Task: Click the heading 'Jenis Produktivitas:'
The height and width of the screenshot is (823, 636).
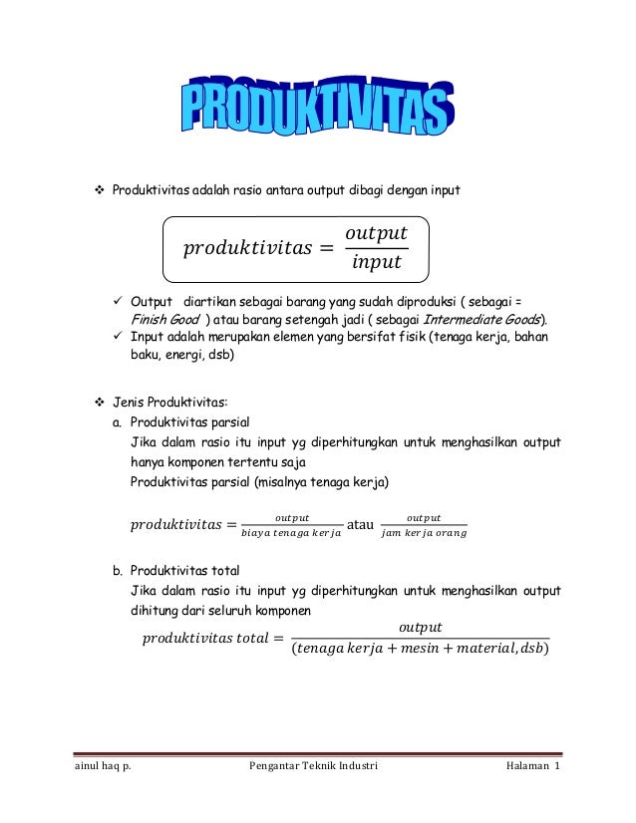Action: pos(169,403)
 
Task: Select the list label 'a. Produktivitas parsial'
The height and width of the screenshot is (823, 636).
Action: pos(176,422)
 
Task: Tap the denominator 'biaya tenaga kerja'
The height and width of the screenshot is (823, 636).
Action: pos(291,534)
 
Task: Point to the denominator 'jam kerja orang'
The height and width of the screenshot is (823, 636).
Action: pos(424,534)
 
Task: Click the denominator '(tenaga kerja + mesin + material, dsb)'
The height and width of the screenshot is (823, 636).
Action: pos(423,651)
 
